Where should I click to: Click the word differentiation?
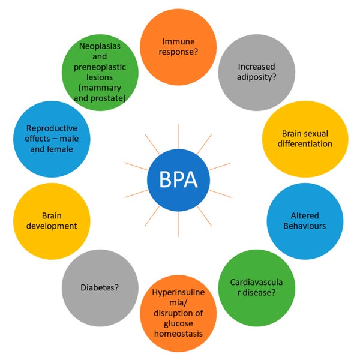click(x=307, y=144)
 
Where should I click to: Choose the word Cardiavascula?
click(x=251, y=283)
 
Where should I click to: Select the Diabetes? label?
click(x=99, y=287)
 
